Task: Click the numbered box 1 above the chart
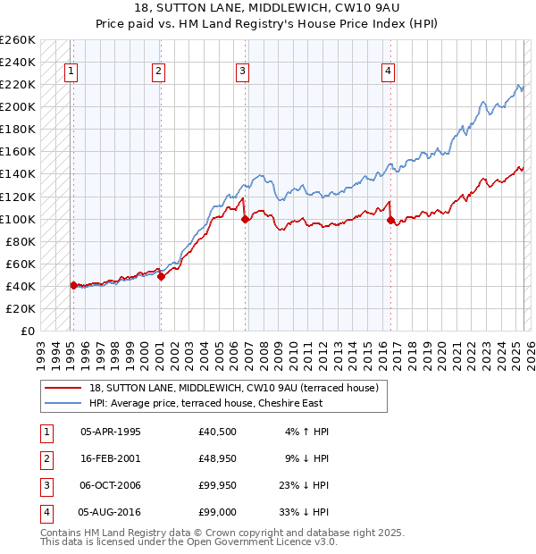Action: tap(71, 72)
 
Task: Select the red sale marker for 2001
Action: tap(162, 276)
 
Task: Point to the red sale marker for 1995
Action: tap(73, 285)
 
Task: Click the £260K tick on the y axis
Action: tap(18, 40)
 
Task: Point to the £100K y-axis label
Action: tap(18, 219)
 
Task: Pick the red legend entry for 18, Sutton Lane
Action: tap(234, 388)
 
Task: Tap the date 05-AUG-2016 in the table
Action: tap(110, 512)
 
